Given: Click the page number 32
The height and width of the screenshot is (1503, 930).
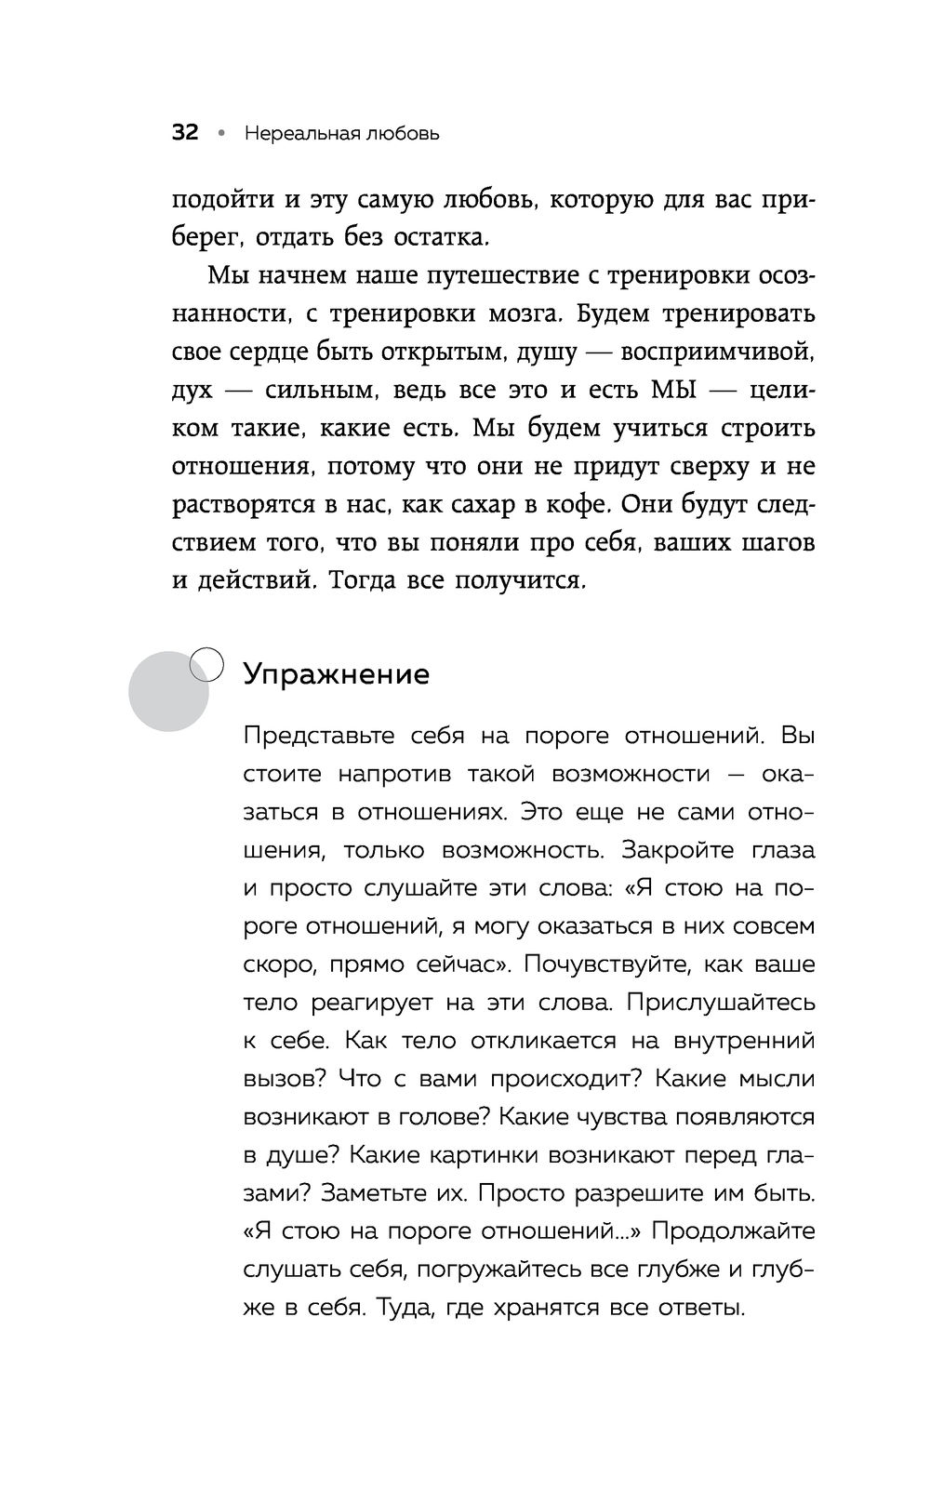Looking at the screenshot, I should pos(185,133).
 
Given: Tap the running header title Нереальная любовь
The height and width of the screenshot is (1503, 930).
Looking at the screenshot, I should pos(342,134).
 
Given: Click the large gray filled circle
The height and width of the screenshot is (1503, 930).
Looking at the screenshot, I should pos(167,689).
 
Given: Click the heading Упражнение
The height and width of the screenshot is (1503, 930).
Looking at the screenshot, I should pos(336,674).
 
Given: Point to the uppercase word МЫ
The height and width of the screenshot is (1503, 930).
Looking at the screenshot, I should pos(674,391).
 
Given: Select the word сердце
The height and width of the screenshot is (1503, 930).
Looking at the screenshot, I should pos(279,353).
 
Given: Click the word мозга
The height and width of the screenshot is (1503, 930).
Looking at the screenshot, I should pos(524,315).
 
